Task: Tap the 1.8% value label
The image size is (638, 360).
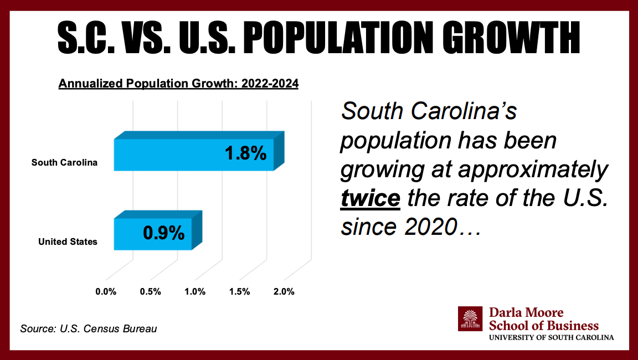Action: pos(245,153)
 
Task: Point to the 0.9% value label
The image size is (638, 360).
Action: pos(163,233)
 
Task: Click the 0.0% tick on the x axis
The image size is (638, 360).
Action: pos(106,292)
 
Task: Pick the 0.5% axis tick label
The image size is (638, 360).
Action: pos(150,292)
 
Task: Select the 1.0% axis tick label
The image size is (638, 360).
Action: pos(195,292)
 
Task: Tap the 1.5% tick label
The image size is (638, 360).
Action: pos(239,292)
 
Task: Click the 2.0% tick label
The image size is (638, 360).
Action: pos(284,292)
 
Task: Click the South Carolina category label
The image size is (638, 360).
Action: pos(64,162)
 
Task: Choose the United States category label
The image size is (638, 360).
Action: pos(68,241)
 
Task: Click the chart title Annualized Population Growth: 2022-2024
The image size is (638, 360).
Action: pos(178,85)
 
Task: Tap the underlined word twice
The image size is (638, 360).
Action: pos(370,197)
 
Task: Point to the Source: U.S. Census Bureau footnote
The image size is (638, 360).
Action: pos(89,328)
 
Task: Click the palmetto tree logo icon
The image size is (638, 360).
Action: pos(470,318)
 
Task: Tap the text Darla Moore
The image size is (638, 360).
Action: pos(526,313)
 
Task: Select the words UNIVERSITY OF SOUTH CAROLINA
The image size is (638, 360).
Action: pos(550,337)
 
